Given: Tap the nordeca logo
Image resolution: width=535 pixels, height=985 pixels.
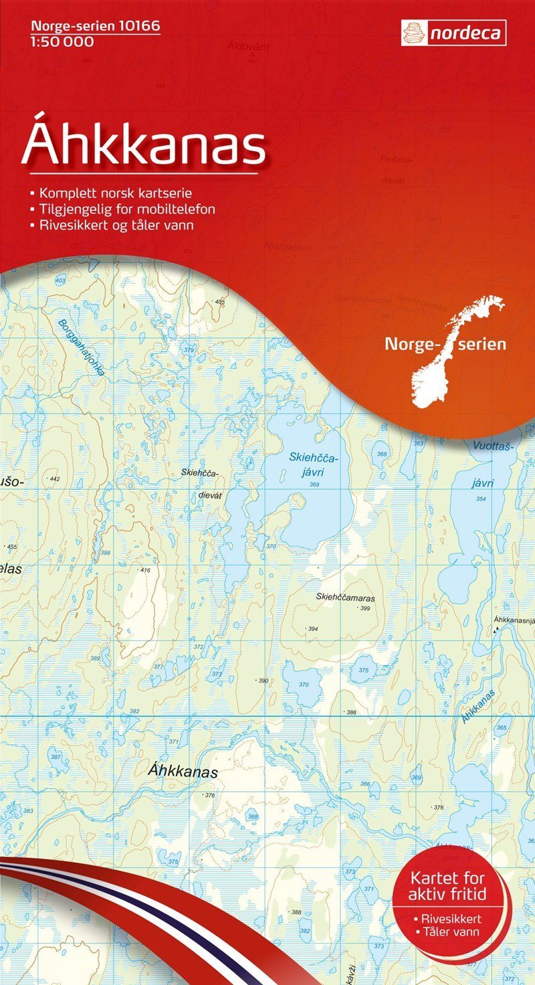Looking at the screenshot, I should [453, 33].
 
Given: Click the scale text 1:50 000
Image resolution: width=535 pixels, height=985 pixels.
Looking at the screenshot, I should [62, 42].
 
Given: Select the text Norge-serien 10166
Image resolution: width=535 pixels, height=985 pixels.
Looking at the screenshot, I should [94, 27].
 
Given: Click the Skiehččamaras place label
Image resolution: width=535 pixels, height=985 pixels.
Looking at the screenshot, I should [345, 598].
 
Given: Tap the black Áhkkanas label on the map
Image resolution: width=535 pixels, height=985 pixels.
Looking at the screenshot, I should [182, 772].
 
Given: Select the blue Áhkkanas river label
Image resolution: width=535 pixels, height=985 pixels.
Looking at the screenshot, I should [478, 707].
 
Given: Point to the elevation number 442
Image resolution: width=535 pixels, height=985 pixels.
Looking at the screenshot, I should [55, 479].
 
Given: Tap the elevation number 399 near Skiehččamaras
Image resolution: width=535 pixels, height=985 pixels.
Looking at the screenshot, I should [364, 608].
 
